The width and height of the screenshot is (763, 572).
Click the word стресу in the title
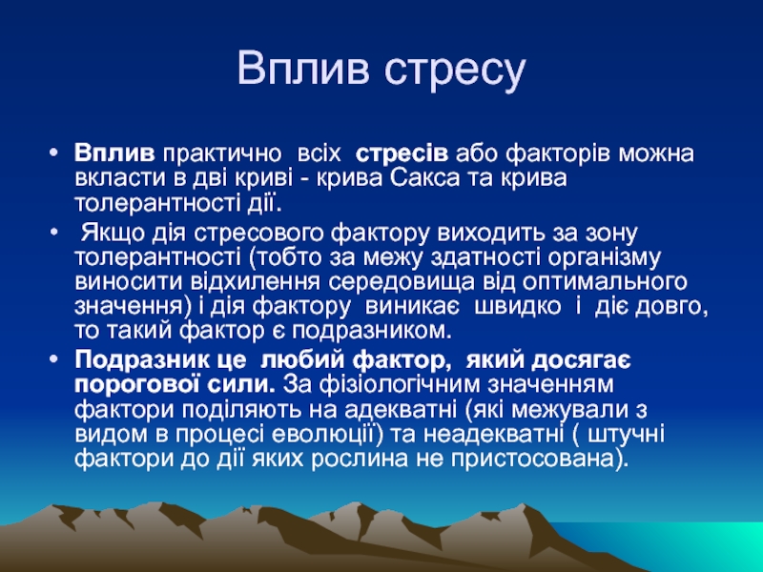point(455,71)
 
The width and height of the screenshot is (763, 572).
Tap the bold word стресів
point(402,154)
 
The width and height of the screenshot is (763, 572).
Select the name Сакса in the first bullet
point(424,178)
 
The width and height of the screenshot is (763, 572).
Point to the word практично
point(222,154)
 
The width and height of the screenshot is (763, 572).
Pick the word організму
point(604,257)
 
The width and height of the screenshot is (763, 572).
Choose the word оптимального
point(605,282)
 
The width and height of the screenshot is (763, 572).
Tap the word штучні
point(626,434)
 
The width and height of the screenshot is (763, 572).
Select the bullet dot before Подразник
point(54,361)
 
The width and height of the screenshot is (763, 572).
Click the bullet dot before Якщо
point(54,234)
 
